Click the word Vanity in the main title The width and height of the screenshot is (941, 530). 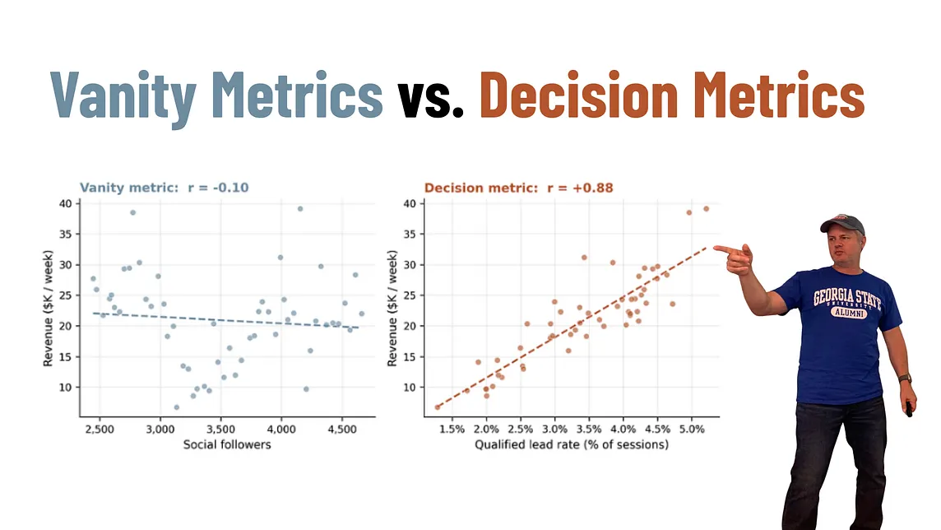(123, 96)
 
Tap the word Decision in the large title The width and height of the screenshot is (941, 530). (578, 95)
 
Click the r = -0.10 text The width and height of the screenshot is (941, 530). (218, 188)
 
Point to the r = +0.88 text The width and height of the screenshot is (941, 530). (580, 188)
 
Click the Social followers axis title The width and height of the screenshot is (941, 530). (227, 444)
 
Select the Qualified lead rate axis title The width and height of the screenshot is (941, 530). (572, 444)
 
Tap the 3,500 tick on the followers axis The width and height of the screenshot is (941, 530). (220, 429)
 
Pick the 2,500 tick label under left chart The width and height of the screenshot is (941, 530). (100, 429)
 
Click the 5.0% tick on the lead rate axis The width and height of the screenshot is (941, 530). (691, 429)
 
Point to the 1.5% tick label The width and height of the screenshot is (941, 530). (452, 429)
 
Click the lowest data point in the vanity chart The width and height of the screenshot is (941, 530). (176, 407)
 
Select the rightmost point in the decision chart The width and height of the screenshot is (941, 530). (707, 209)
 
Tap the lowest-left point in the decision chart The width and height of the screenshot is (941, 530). (438, 407)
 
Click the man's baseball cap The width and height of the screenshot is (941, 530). (842, 224)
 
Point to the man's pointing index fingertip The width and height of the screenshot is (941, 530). (715, 247)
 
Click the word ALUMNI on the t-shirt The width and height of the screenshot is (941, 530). (849, 313)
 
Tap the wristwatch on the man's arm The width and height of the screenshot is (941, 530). (905, 379)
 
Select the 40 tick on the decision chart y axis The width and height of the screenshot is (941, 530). (410, 203)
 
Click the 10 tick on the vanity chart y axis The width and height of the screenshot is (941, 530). (66, 387)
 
